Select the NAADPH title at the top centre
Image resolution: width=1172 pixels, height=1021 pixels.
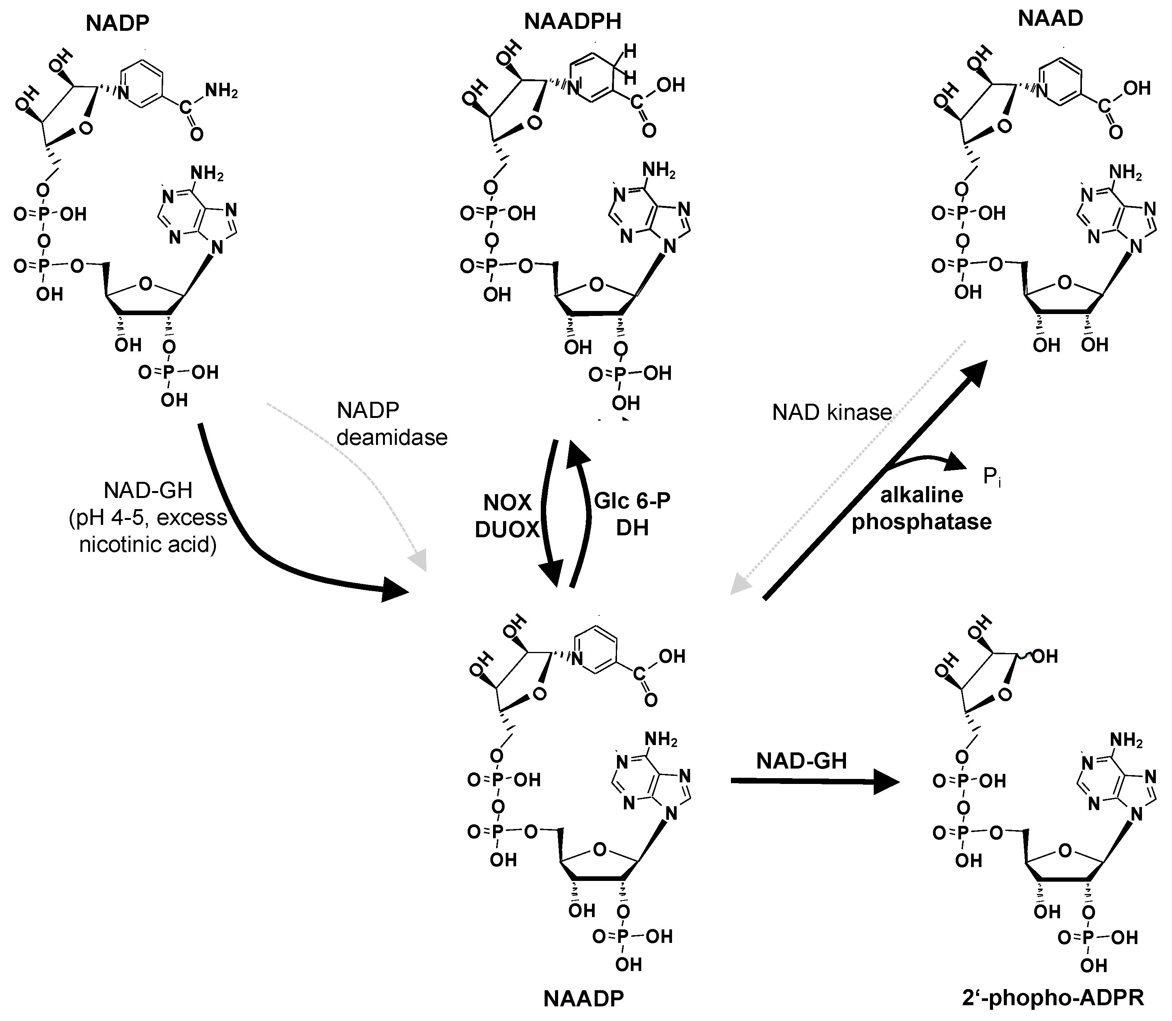[x=573, y=22]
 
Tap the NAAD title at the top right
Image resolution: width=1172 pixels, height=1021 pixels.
[x=1050, y=19]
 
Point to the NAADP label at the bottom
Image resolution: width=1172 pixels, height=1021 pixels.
[x=584, y=998]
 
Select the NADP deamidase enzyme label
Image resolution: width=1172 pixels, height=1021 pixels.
[x=392, y=423]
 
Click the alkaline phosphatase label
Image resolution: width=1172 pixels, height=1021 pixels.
[x=921, y=508]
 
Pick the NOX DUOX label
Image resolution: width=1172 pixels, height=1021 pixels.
[x=507, y=516]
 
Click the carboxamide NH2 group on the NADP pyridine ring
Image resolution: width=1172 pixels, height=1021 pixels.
[x=221, y=91]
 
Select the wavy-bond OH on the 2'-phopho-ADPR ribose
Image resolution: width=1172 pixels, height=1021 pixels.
[x=1044, y=657]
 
